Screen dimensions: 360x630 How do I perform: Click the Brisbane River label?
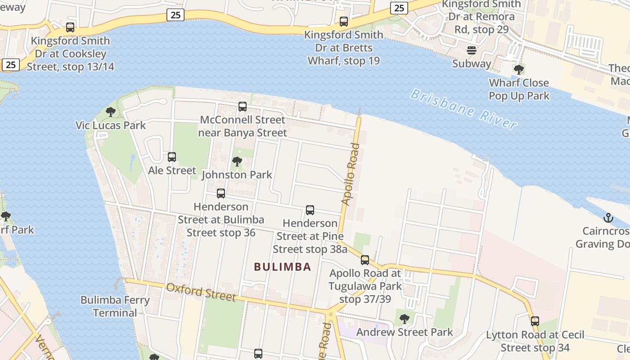pyautogui.click(x=463, y=109)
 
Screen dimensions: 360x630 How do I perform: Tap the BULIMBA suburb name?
pyautogui.click(x=283, y=267)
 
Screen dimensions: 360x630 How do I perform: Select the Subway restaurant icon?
pyautogui.click(x=471, y=50)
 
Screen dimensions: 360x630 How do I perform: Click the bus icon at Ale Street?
pyautogui.click(x=172, y=157)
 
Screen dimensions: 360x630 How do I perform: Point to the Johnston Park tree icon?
pyautogui.click(x=237, y=161)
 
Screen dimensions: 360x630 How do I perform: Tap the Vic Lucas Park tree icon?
pyautogui.click(x=111, y=112)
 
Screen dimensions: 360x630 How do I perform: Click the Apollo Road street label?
pyautogui.click(x=351, y=174)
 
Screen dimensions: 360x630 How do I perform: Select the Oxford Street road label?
pyautogui.click(x=201, y=292)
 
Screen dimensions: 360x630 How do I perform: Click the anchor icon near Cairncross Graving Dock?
pyautogui.click(x=608, y=218)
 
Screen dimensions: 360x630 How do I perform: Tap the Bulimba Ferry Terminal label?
pyautogui.click(x=115, y=306)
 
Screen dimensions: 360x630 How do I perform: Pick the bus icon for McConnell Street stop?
pyautogui.click(x=243, y=107)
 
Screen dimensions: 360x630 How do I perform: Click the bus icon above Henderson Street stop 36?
pyautogui.click(x=221, y=193)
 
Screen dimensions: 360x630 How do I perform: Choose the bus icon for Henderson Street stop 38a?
pyautogui.click(x=310, y=210)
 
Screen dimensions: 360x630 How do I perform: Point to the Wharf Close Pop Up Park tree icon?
pyautogui.click(x=519, y=70)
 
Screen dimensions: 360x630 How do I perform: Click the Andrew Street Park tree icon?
pyautogui.click(x=405, y=319)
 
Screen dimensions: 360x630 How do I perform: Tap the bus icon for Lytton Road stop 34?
pyautogui.click(x=535, y=321)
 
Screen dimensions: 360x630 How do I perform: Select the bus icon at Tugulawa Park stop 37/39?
pyautogui.click(x=365, y=260)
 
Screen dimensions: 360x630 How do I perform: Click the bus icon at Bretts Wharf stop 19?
pyautogui.click(x=344, y=21)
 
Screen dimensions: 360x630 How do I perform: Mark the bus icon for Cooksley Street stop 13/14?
pyautogui.click(x=70, y=27)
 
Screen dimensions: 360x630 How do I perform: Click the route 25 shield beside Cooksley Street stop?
pyautogui.click(x=11, y=65)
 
